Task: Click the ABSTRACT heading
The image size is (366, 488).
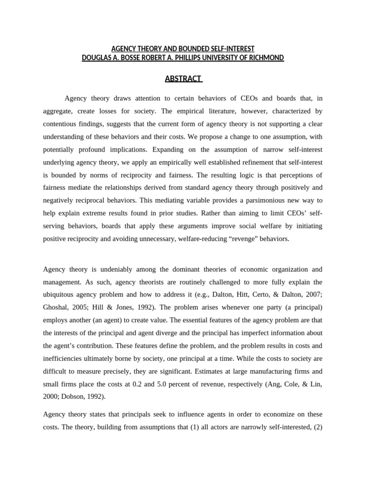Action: (183, 79)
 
